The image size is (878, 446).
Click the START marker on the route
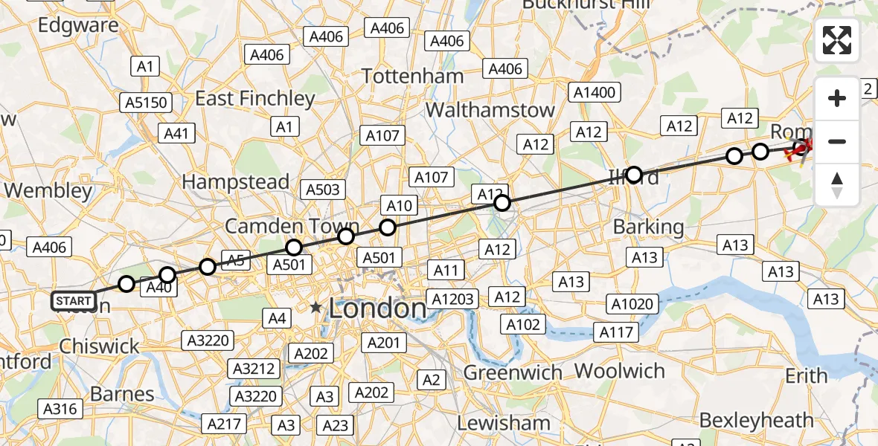(74, 301)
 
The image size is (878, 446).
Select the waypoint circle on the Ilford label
(634, 175)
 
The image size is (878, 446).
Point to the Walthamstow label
(490, 110)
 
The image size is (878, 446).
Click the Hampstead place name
(235, 182)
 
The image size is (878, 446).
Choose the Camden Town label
(292, 227)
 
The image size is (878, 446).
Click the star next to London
(316, 307)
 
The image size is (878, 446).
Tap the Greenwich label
(513, 372)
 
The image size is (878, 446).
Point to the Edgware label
(78, 25)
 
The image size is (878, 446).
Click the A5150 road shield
(147, 102)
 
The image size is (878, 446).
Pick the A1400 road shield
(595, 92)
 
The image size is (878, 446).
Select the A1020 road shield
(632, 303)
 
